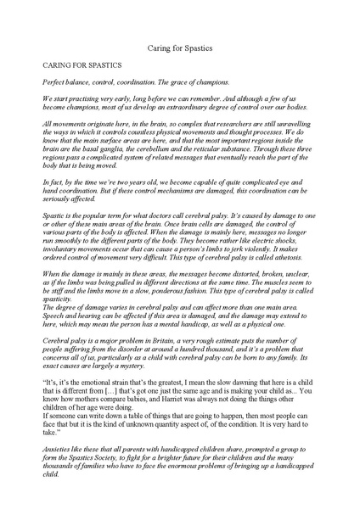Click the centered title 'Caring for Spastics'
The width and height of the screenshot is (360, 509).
pos(180,50)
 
